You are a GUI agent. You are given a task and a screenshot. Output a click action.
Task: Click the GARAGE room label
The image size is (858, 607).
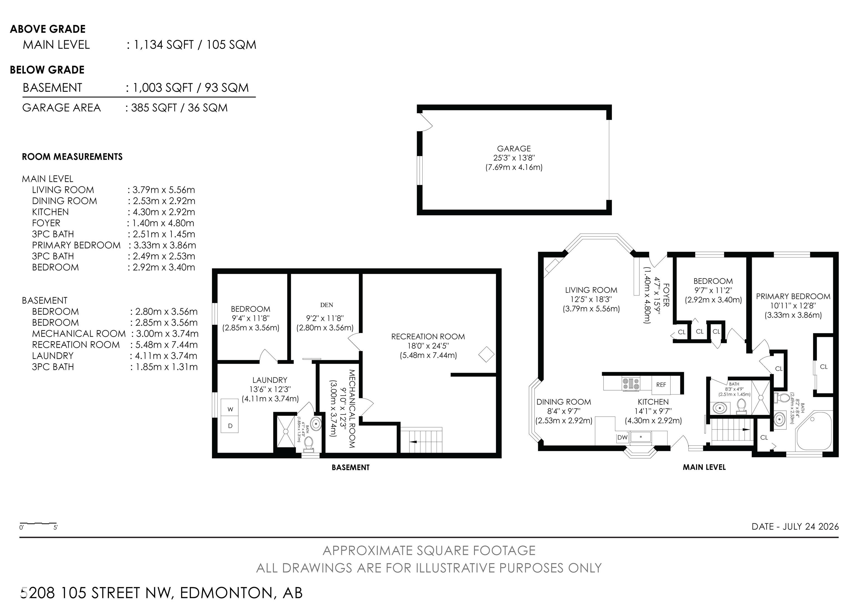pyautogui.click(x=514, y=148)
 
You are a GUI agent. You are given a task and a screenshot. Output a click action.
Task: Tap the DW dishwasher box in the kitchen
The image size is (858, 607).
pyautogui.click(x=622, y=438)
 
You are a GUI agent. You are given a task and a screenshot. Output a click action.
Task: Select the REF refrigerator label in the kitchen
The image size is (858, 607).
pyautogui.click(x=661, y=384)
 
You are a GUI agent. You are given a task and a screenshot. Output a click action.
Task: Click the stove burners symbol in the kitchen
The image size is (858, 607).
pyautogui.click(x=631, y=384)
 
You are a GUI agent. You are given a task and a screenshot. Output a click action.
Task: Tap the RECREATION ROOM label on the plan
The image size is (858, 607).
pyautogui.click(x=428, y=337)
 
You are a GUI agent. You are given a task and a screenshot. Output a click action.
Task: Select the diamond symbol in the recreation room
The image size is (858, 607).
pyautogui.click(x=486, y=354)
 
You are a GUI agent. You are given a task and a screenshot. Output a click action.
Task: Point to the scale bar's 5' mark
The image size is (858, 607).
pyautogui.click(x=55, y=528)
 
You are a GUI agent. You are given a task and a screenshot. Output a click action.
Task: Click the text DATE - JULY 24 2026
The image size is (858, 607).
pyautogui.click(x=795, y=526)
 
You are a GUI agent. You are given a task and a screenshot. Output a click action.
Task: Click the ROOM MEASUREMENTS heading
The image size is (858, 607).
pyautogui.click(x=72, y=157)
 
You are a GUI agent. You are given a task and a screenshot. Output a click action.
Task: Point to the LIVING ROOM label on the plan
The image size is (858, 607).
pyautogui.click(x=591, y=290)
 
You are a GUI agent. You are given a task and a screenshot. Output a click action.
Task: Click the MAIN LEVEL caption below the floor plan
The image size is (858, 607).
pyautogui.click(x=704, y=467)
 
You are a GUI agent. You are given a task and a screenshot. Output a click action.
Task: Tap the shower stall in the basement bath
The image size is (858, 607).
pyautogui.click(x=286, y=432)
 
